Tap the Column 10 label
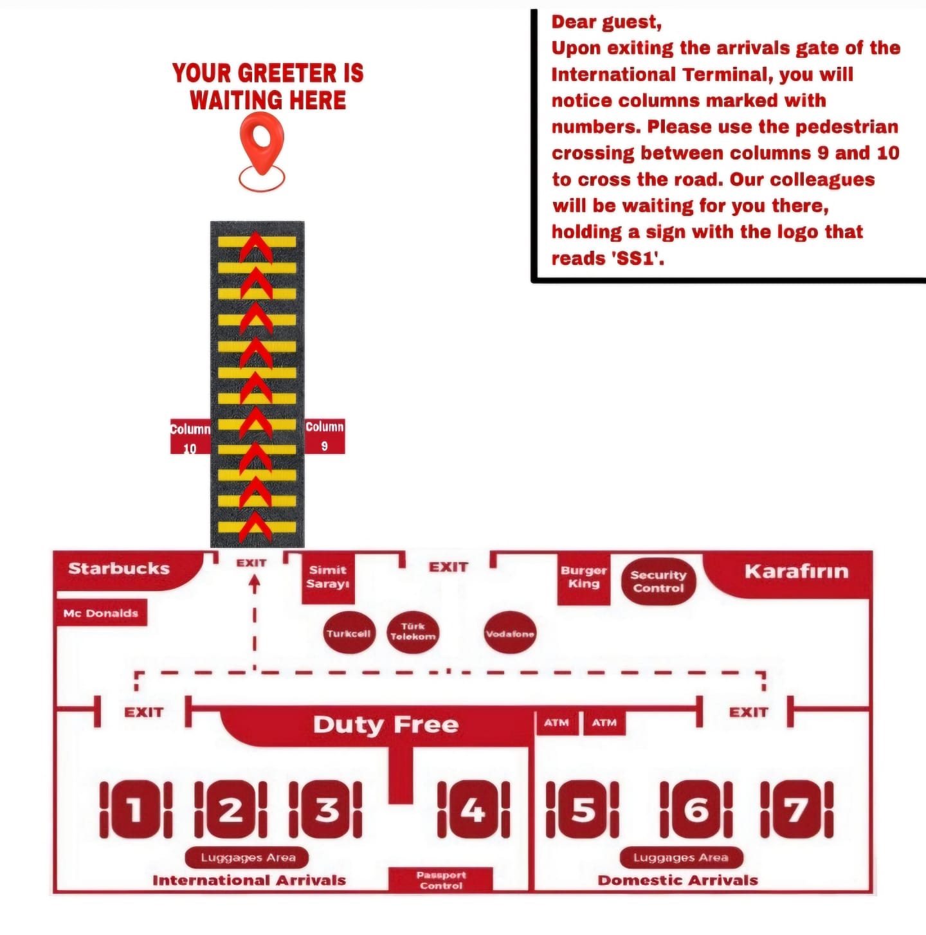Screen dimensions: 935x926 [x=190, y=437]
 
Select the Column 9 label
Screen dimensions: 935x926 [x=325, y=436]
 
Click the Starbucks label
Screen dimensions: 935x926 [x=119, y=568]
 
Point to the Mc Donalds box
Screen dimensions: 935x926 [x=101, y=613]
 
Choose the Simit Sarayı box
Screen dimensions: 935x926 [x=327, y=577]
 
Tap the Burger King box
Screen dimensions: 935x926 [x=583, y=577]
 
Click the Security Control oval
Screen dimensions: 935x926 [x=658, y=581]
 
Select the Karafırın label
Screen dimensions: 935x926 [x=796, y=571]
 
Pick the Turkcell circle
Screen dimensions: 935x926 [x=348, y=633]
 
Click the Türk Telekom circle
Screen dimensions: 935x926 [x=413, y=631]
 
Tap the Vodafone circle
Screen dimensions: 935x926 [x=510, y=633]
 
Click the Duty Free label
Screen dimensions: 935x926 [x=386, y=725]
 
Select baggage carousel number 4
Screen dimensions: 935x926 [x=473, y=810]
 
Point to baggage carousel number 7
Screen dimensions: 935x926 [x=797, y=810]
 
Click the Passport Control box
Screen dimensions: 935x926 [x=441, y=880]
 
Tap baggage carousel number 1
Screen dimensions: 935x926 [x=135, y=810]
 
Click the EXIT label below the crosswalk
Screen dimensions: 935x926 [x=251, y=563]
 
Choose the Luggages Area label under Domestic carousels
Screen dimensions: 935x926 [x=681, y=857]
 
